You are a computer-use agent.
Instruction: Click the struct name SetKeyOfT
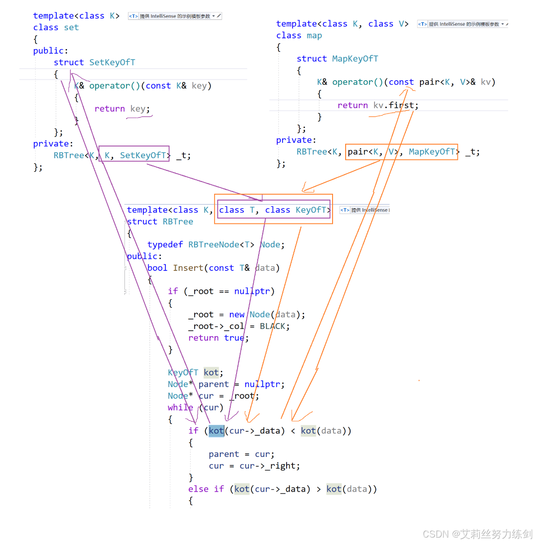tap(112, 62)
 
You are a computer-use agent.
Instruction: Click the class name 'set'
tap(71, 27)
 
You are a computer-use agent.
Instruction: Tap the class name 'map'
tap(314, 36)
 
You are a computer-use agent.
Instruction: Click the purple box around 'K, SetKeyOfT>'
tap(134, 154)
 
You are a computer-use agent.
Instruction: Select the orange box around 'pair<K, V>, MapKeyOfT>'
tap(402, 152)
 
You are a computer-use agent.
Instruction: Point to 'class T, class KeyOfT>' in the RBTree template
tap(274, 210)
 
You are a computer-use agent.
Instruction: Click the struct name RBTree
tap(178, 222)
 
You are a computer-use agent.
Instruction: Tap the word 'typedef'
tap(165, 245)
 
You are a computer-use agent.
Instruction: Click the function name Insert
tap(188, 268)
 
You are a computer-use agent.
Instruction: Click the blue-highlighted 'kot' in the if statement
tap(216, 431)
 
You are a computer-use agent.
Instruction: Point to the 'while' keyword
tap(180, 407)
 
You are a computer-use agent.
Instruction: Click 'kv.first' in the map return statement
tap(393, 105)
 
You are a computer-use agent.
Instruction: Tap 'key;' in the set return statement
tap(140, 109)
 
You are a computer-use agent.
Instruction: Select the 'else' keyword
tap(198, 489)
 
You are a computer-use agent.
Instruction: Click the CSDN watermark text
tap(477, 534)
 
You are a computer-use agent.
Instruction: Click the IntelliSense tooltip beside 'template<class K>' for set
tap(174, 16)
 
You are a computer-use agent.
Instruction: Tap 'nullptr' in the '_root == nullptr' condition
tap(252, 292)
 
